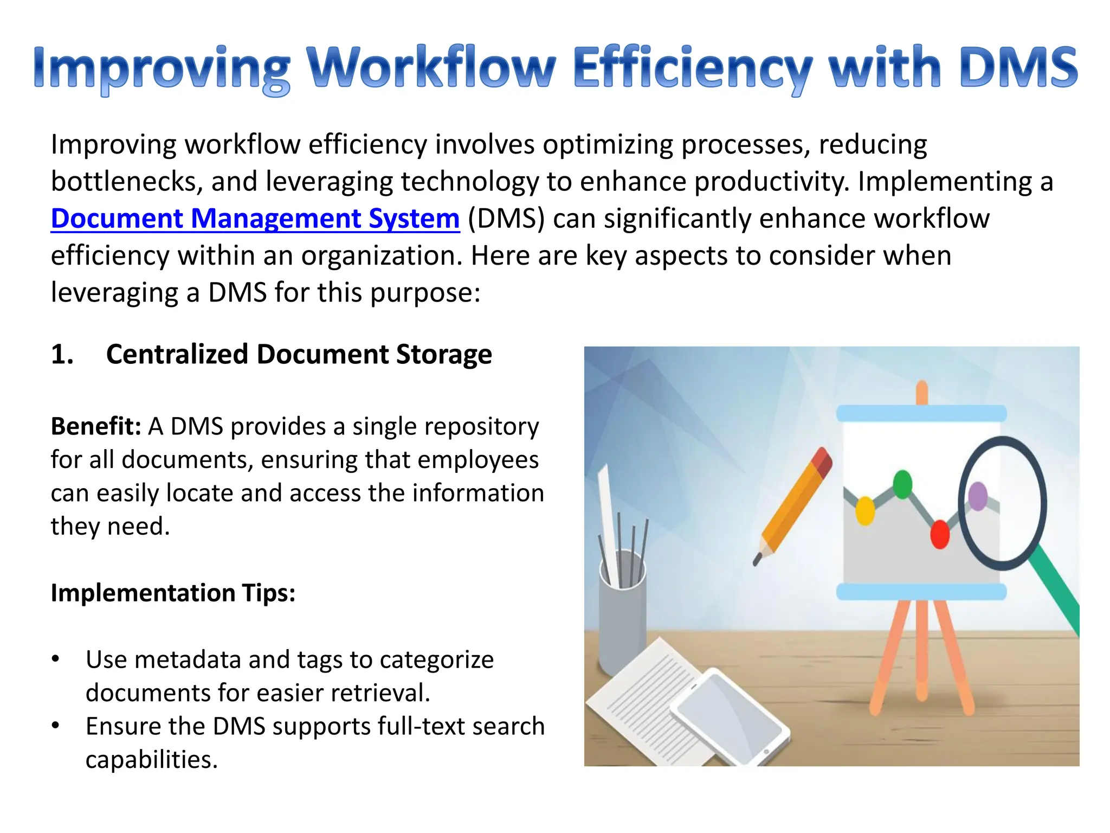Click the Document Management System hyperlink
[255, 219]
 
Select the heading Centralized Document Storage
[299, 354]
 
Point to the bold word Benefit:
[96, 426]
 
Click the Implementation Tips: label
[173, 593]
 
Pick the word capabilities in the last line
[151, 759]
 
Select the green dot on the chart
[902, 484]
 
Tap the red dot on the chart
[939, 534]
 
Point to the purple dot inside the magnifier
[978, 496]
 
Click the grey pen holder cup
[622, 624]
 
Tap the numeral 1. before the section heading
[62, 354]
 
